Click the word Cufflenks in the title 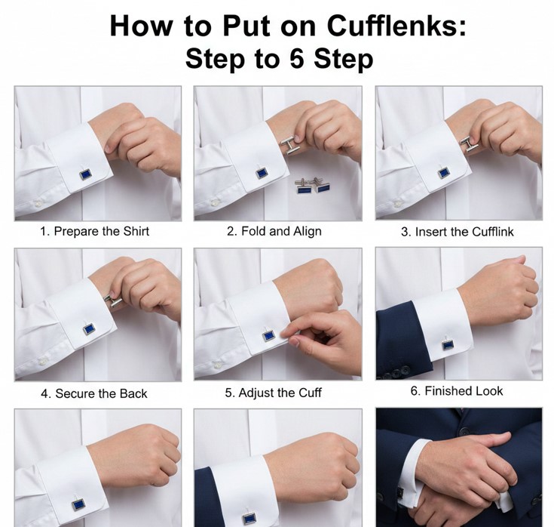coord(396,26)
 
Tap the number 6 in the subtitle coord(297,58)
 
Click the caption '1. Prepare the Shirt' coord(94,232)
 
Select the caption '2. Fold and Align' coord(274,232)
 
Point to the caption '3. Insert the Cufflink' coord(458,232)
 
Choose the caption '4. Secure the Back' coord(94,393)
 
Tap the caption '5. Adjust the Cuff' coord(273,393)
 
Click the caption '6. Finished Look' coord(457,391)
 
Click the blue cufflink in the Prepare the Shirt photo coord(85,174)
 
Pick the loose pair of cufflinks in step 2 coord(313,186)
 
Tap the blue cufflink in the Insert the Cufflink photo coord(443,173)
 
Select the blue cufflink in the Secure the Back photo coord(89,329)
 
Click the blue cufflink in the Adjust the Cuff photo coord(269,335)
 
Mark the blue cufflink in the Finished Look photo coord(448,344)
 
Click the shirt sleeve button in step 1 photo coord(37,204)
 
